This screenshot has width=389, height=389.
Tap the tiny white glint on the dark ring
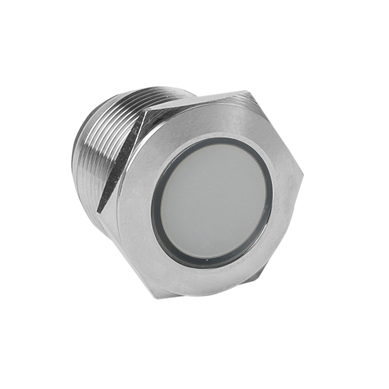[207, 265]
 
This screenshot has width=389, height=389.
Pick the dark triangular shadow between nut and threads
[116, 167]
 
